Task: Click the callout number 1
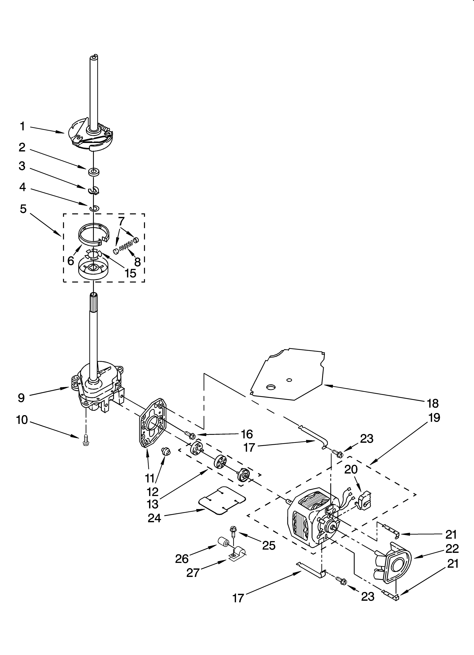click(22, 127)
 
